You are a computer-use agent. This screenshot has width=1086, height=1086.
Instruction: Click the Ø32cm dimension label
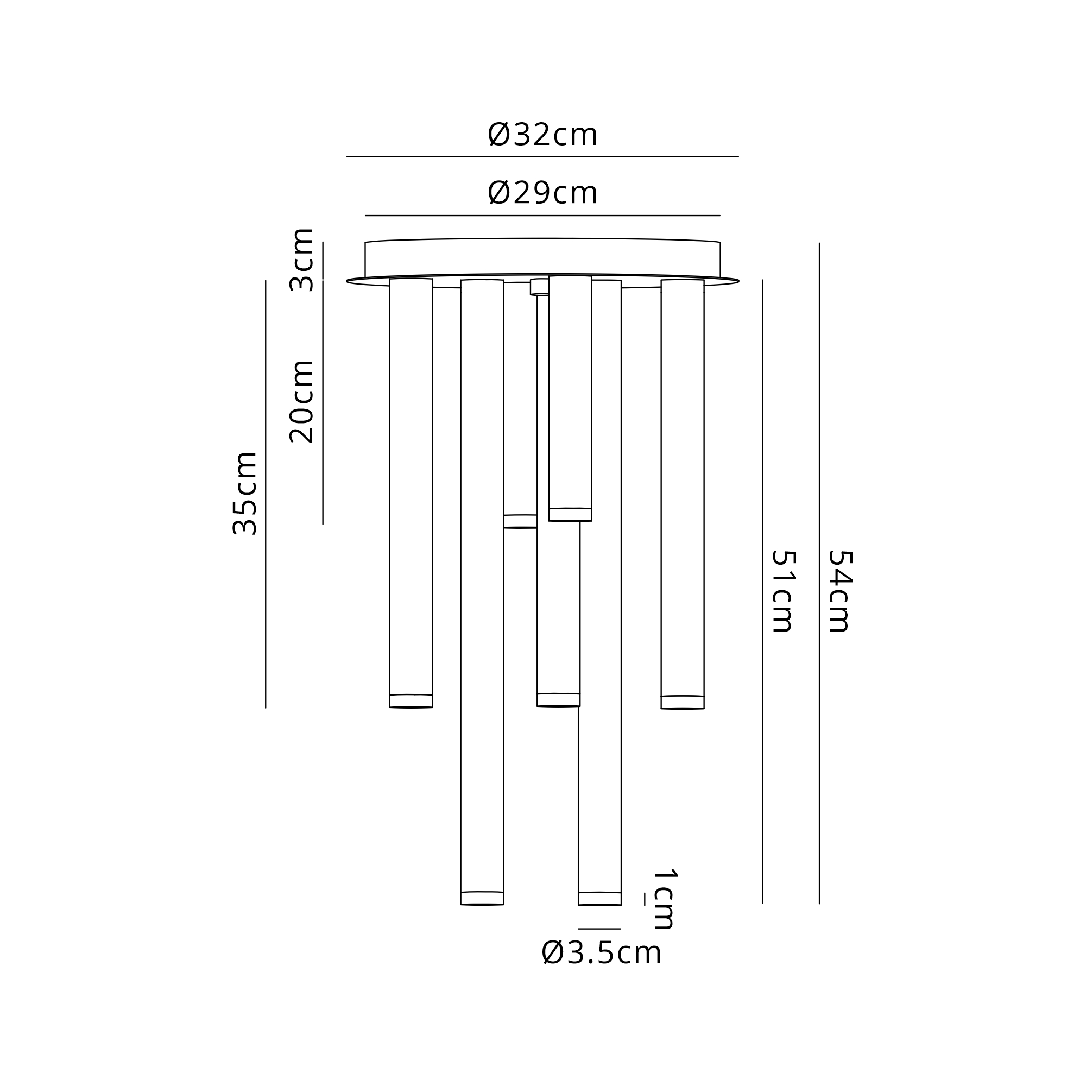[x=542, y=135]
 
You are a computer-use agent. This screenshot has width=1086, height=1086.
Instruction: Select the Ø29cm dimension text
[x=542, y=193]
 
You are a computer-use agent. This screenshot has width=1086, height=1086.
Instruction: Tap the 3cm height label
[x=301, y=260]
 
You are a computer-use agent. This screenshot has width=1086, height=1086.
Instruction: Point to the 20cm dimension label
[x=301, y=402]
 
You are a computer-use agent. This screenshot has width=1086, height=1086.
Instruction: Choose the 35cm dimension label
[x=244, y=493]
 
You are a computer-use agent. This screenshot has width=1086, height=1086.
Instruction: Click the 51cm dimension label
[x=783, y=591]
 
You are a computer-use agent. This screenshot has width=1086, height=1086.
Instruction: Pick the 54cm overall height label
[x=840, y=591]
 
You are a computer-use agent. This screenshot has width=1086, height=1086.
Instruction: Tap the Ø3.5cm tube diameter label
[x=602, y=953]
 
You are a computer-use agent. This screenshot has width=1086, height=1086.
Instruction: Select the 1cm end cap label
[x=665, y=899]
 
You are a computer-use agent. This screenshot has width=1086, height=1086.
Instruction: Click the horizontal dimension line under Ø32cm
[x=542, y=156]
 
